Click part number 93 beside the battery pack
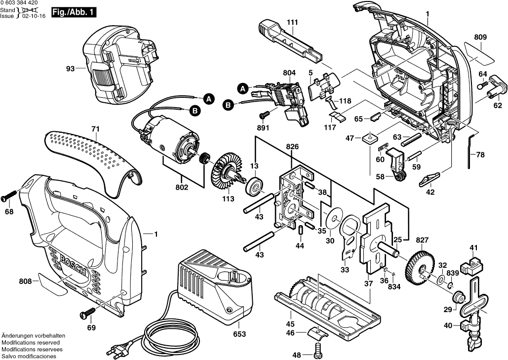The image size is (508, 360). [72, 69]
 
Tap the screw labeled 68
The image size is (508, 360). [9, 197]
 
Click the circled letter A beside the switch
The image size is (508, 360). [242, 88]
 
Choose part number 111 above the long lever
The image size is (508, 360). [292, 23]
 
